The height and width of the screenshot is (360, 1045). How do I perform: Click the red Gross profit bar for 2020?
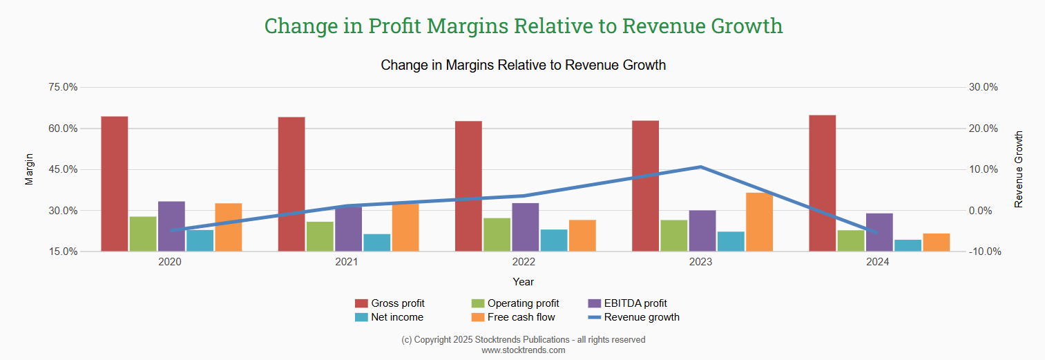point(115,184)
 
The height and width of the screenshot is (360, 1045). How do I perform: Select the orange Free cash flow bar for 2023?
point(759,222)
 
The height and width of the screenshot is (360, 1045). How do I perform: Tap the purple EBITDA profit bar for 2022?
point(526,227)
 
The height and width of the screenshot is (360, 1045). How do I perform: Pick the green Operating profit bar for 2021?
point(320,236)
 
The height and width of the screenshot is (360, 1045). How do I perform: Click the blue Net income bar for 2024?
point(908,245)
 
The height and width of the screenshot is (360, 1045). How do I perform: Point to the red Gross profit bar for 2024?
point(823,183)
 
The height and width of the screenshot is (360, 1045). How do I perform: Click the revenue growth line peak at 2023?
point(700,167)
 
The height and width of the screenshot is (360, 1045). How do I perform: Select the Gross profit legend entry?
point(390,303)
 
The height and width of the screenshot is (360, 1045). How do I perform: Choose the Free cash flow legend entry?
point(513,317)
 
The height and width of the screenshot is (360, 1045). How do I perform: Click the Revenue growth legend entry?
point(633,317)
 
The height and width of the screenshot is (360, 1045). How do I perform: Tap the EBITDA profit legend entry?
point(626,303)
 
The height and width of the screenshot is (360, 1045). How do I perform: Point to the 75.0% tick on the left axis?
point(63,87)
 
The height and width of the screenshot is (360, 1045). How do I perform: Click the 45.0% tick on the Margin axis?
point(63,169)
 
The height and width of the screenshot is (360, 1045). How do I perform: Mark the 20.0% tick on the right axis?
point(984,129)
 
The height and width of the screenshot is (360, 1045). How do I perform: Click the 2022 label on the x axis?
point(524,263)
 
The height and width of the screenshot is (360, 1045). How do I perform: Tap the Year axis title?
point(524,282)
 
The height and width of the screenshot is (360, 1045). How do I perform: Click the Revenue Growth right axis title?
point(1018,169)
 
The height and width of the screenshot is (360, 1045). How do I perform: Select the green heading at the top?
point(524,26)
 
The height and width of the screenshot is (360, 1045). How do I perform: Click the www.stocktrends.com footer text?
point(524,350)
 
